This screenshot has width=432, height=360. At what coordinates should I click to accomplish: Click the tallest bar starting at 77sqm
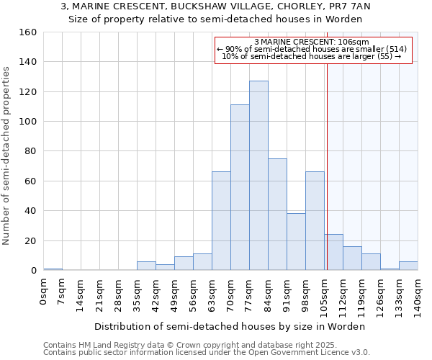[258, 176]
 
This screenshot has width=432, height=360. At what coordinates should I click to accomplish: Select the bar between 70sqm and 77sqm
[240, 187]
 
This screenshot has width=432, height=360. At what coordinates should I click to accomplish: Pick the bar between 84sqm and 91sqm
[277, 215]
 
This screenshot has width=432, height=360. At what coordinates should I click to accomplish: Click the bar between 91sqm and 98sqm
[296, 242]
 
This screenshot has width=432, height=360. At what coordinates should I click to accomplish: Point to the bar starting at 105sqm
[333, 253]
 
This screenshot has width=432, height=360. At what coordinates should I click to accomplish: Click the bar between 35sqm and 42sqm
[146, 266]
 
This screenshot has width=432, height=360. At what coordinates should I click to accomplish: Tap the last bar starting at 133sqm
[408, 266]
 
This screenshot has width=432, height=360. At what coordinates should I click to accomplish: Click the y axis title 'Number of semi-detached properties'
[6, 151]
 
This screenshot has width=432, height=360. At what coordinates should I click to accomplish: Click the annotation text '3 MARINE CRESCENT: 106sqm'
[312, 42]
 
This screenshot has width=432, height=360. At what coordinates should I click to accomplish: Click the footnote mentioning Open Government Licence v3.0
[207, 352]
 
